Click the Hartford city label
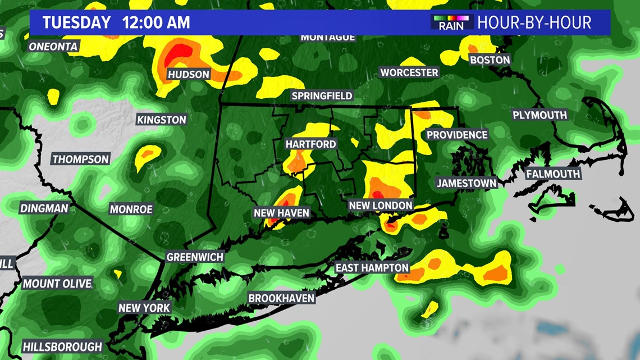pos(310,144)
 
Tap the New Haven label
pos(281,213)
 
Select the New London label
pos(381,206)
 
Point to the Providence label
pos(457,135)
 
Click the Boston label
pos(490,60)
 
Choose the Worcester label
pos(409,72)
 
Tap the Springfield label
pos(322,96)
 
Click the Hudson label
pos(189,75)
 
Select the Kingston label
pos(161,120)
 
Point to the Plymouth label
pos(540,115)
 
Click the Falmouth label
pos(552,174)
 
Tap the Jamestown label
pos(467,183)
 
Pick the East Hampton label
pos(372,267)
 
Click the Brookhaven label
pos(281,298)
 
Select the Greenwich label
pos(195,257)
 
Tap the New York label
pos(144,308)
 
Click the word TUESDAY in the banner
pos(76,22)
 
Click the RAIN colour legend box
pos(451,22)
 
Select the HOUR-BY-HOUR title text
pos(534,22)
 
